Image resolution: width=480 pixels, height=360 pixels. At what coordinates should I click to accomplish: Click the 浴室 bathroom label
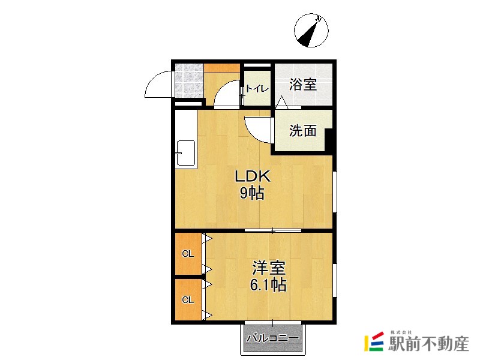click(x=303, y=85)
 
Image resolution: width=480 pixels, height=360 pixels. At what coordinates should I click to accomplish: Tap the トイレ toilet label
click(x=257, y=89)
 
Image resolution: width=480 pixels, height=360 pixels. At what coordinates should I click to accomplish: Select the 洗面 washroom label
click(x=303, y=131)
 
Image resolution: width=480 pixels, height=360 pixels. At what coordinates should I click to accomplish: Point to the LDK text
click(x=253, y=176)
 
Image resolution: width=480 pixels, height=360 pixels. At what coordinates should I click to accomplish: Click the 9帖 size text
click(x=252, y=193)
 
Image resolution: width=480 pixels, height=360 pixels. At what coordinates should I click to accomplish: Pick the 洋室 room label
click(x=269, y=268)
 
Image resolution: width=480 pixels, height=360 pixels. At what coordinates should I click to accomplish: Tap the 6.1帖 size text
click(x=268, y=284)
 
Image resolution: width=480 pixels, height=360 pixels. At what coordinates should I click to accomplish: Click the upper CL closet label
click(x=188, y=254)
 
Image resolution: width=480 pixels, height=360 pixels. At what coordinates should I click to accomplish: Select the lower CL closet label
click(x=188, y=300)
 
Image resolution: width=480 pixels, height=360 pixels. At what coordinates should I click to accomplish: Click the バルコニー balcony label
click(x=272, y=338)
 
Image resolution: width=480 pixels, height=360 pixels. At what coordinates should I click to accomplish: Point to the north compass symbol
click(x=311, y=31)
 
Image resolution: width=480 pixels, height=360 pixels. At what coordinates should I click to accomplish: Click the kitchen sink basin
click(x=186, y=153)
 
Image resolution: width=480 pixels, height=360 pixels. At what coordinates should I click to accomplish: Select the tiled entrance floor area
click(x=189, y=80)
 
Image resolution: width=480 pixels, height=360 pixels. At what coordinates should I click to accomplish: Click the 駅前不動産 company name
click(x=428, y=344)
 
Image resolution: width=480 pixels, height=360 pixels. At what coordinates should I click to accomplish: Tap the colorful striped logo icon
click(x=374, y=341)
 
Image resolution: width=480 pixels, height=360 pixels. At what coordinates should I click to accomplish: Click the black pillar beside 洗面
click(x=328, y=140)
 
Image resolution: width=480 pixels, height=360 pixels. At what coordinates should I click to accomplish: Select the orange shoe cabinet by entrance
click(x=222, y=68)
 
